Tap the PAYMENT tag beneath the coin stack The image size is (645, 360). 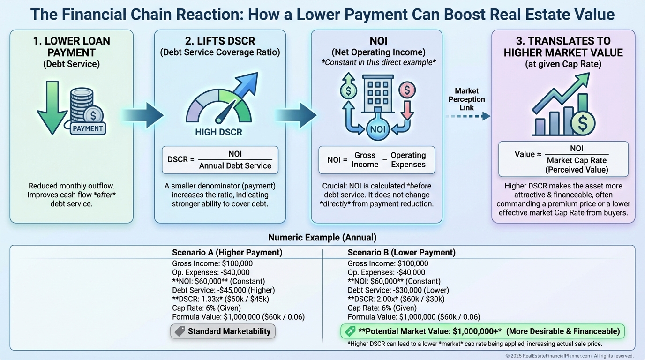click(88, 128)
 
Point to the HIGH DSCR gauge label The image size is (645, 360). click(218, 132)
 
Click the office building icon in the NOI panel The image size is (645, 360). click(377, 96)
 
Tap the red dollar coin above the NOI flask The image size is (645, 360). click(406, 89)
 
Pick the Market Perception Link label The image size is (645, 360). click(466, 99)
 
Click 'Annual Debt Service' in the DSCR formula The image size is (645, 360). click(235, 165)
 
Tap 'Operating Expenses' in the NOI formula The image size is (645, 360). click(408, 160)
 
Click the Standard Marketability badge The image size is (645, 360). click(223, 331)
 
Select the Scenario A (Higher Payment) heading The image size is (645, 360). click(227, 253)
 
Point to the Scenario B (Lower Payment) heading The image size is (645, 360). click(401, 253)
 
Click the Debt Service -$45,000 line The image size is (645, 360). click(223, 290)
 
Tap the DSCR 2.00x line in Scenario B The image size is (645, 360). click(396, 299)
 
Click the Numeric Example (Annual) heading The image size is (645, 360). click(322, 237)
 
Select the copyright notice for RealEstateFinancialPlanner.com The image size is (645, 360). click(569, 356)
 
